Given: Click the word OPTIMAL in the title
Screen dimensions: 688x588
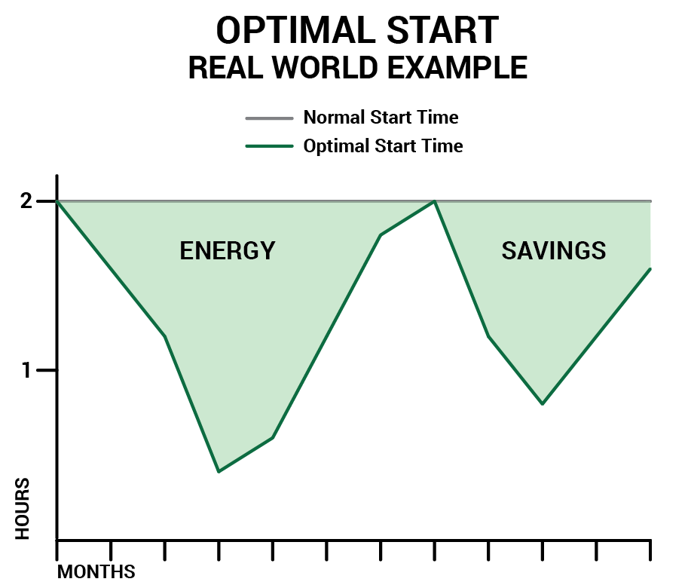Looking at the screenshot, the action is (296, 30).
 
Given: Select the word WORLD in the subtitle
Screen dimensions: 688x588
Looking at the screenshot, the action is (325, 68).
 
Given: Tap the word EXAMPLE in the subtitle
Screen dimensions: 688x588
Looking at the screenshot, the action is (457, 68).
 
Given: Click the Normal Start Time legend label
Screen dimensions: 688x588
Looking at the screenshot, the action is (381, 117).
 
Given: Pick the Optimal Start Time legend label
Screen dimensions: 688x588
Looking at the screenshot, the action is (383, 145).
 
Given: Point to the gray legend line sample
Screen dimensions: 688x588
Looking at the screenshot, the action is (270, 118).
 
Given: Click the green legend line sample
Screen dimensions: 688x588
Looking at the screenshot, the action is (270, 146).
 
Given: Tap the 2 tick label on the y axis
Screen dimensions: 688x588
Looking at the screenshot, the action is (26, 201).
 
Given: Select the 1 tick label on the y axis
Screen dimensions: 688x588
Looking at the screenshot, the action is (27, 370).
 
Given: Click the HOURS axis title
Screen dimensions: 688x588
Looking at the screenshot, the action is (23, 509).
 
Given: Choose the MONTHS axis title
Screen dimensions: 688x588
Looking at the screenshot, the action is (96, 571).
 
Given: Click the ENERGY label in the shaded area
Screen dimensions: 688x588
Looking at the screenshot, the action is (228, 250).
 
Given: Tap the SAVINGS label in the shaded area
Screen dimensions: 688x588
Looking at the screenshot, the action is (554, 250).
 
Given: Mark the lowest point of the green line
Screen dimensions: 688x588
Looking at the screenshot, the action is (219, 472).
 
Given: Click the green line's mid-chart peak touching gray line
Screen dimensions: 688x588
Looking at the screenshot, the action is (434, 201).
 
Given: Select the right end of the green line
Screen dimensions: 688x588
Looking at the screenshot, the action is (650, 268).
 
